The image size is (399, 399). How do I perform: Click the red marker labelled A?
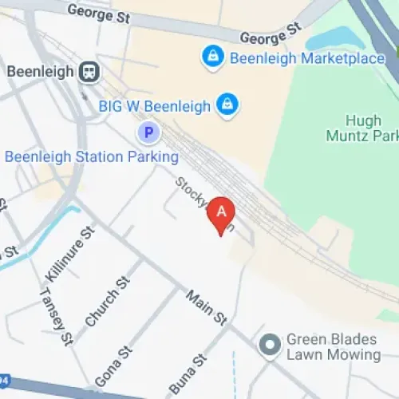tap(221, 212)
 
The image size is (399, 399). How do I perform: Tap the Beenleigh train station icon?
tap(89, 72)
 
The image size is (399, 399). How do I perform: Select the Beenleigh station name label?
tap(40, 72)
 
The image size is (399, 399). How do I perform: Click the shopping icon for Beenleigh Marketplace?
tap(212, 56)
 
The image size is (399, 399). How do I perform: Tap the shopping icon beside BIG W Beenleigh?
tap(228, 105)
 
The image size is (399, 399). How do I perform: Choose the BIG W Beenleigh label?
tap(155, 105)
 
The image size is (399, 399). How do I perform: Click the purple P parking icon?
tap(148, 132)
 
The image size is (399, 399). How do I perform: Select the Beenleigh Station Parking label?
tap(92, 156)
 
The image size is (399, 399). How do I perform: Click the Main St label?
tap(205, 308)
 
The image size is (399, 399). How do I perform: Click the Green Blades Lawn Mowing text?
tap(334, 346)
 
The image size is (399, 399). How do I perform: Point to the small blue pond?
tap(335, 38)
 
